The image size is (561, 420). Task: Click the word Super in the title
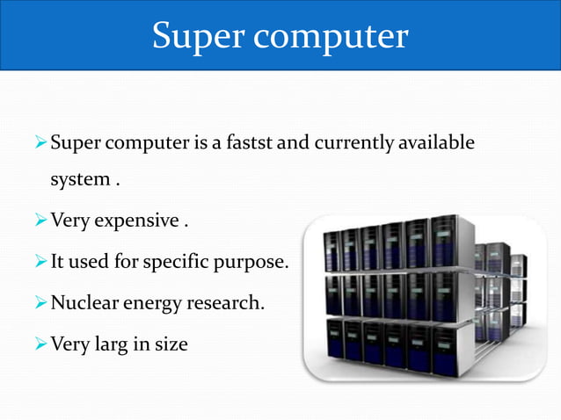pyautogui.click(x=194, y=35)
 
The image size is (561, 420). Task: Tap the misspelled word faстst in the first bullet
pyautogui.click(x=249, y=142)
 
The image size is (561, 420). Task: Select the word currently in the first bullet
pyautogui.click(x=342, y=142)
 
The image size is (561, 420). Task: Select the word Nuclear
pyautogui.click(x=86, y=303)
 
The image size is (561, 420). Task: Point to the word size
pyautogui.click(x=171, y=344)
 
